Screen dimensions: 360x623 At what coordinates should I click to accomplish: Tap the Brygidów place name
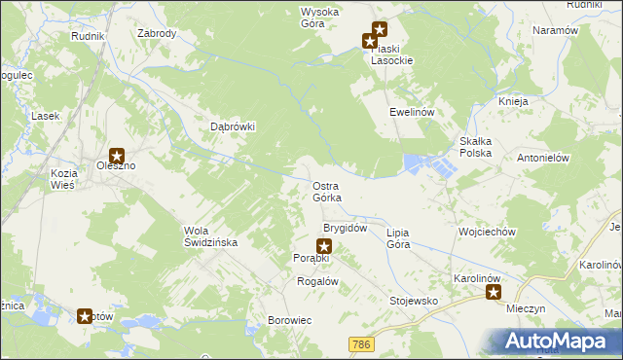345,228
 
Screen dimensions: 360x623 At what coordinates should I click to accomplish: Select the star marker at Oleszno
118,154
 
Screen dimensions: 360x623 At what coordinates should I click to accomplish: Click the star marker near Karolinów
494,291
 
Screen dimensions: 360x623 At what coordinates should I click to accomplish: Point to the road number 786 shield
362,344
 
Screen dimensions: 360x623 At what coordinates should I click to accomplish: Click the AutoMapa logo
559,341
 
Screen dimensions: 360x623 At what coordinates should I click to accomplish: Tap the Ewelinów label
411,112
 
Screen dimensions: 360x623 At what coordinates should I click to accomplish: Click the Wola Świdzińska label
204,236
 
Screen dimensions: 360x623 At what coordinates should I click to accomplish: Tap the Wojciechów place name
486,233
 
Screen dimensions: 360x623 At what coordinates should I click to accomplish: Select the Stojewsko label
414,302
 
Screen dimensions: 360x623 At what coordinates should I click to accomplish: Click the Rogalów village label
316,281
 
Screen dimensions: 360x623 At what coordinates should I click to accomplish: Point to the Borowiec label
290,320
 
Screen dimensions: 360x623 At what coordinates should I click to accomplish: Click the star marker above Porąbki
324,247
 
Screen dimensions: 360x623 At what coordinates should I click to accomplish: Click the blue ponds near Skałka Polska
428,164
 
